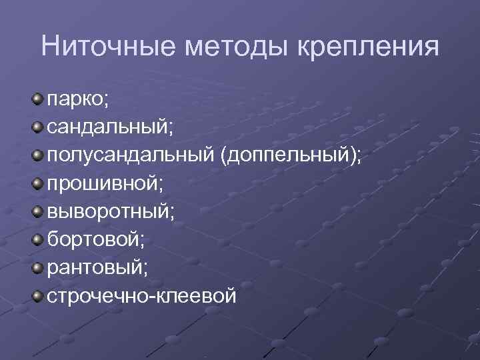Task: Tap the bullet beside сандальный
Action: (x=37, y=127)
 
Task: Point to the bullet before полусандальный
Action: (x=37, y=155)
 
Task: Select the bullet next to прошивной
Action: (x=37, y=183)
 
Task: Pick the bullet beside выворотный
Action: (x=37, y=211)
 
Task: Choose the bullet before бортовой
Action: (x=37, y=238)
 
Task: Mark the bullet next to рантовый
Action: (x=37, y=266)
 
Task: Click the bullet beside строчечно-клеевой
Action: (x=37, y=294)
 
